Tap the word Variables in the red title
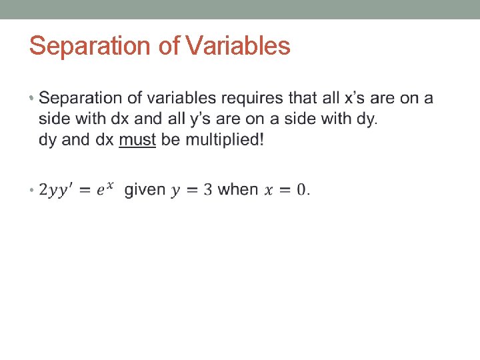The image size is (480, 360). point(239,46)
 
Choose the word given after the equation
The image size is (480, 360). point(145,190)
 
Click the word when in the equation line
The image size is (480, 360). point(238,190)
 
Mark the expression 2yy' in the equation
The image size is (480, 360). point(58,191)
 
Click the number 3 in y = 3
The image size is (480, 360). point(207,190)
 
